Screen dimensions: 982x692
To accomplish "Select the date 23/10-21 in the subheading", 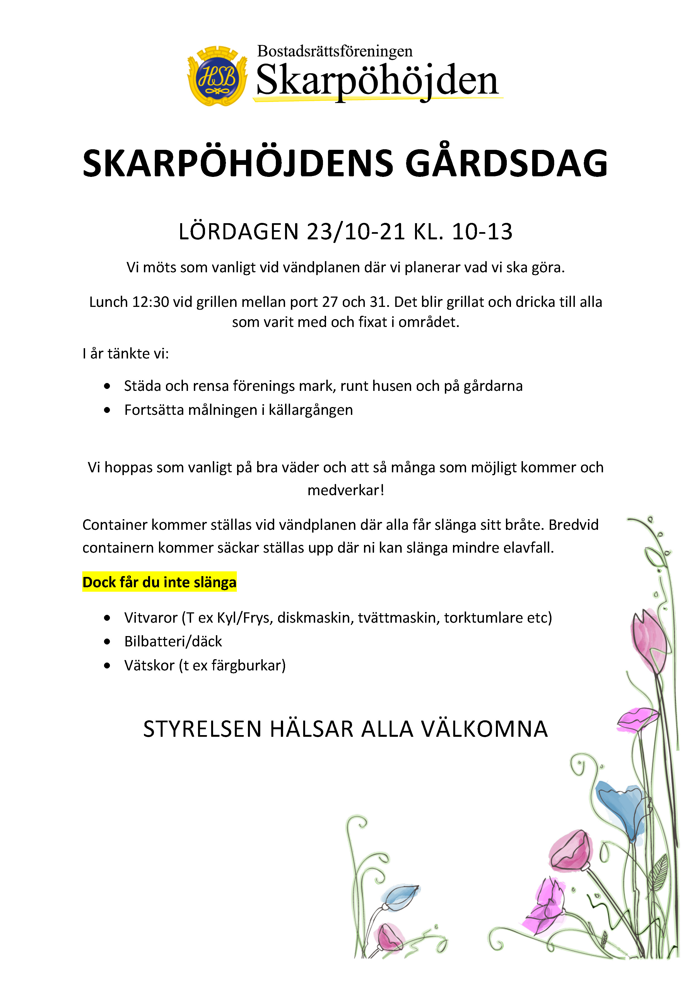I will (356, 232).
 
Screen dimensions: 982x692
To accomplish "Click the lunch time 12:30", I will (151, 302).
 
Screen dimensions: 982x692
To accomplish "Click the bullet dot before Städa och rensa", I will (107, 386).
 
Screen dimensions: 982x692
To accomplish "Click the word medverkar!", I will (346, 490).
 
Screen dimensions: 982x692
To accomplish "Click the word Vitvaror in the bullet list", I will (151, 618).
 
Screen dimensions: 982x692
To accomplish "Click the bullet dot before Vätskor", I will (107, 666).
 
